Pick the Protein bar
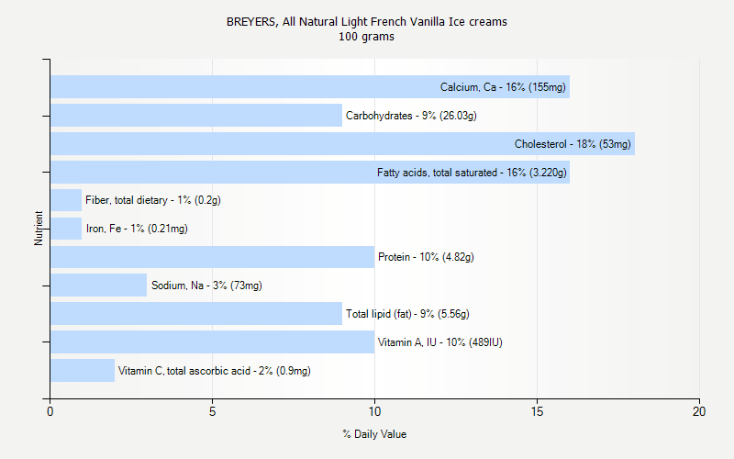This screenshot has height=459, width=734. (212, 257)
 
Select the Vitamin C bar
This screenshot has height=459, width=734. (82, 371)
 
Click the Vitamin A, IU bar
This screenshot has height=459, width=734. (212, 342)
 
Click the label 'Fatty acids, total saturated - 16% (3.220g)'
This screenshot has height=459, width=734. (472, 173)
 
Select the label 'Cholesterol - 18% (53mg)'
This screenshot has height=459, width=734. (573, 144)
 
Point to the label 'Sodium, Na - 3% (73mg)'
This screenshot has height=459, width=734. (206, 285)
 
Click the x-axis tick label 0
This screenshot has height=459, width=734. (50, 412)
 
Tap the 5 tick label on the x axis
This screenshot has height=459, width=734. (212, 412)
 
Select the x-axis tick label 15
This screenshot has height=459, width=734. (537, 412)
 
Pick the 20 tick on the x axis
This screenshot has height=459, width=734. (699, 412)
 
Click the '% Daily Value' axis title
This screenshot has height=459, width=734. (374, 434)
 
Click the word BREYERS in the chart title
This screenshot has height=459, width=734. (248, 21)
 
